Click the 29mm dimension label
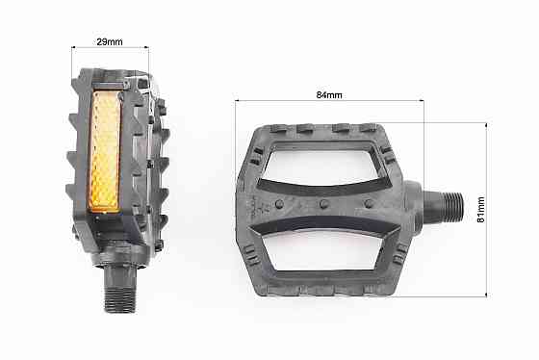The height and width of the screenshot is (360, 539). point(109,40)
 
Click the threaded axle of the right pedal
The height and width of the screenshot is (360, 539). point(449,205)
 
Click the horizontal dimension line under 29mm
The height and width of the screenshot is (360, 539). point(109,48)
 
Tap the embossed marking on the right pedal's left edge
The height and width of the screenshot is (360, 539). point(257,203)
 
